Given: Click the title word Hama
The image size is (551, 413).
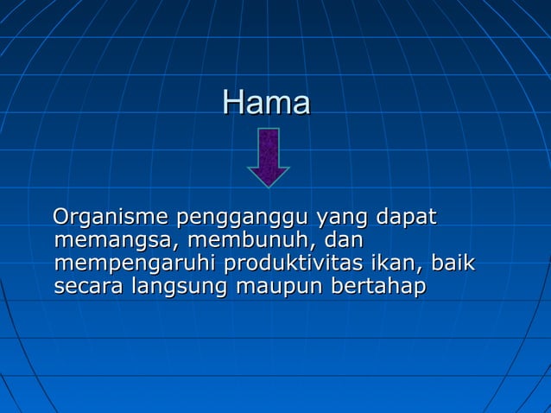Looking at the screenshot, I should (x=266, y=103).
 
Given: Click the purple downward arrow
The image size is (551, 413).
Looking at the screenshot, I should (x=269, y=155).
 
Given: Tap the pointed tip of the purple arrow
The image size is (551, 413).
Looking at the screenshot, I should (x=269, y=183).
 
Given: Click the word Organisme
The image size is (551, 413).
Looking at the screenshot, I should (x=111, y=217).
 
